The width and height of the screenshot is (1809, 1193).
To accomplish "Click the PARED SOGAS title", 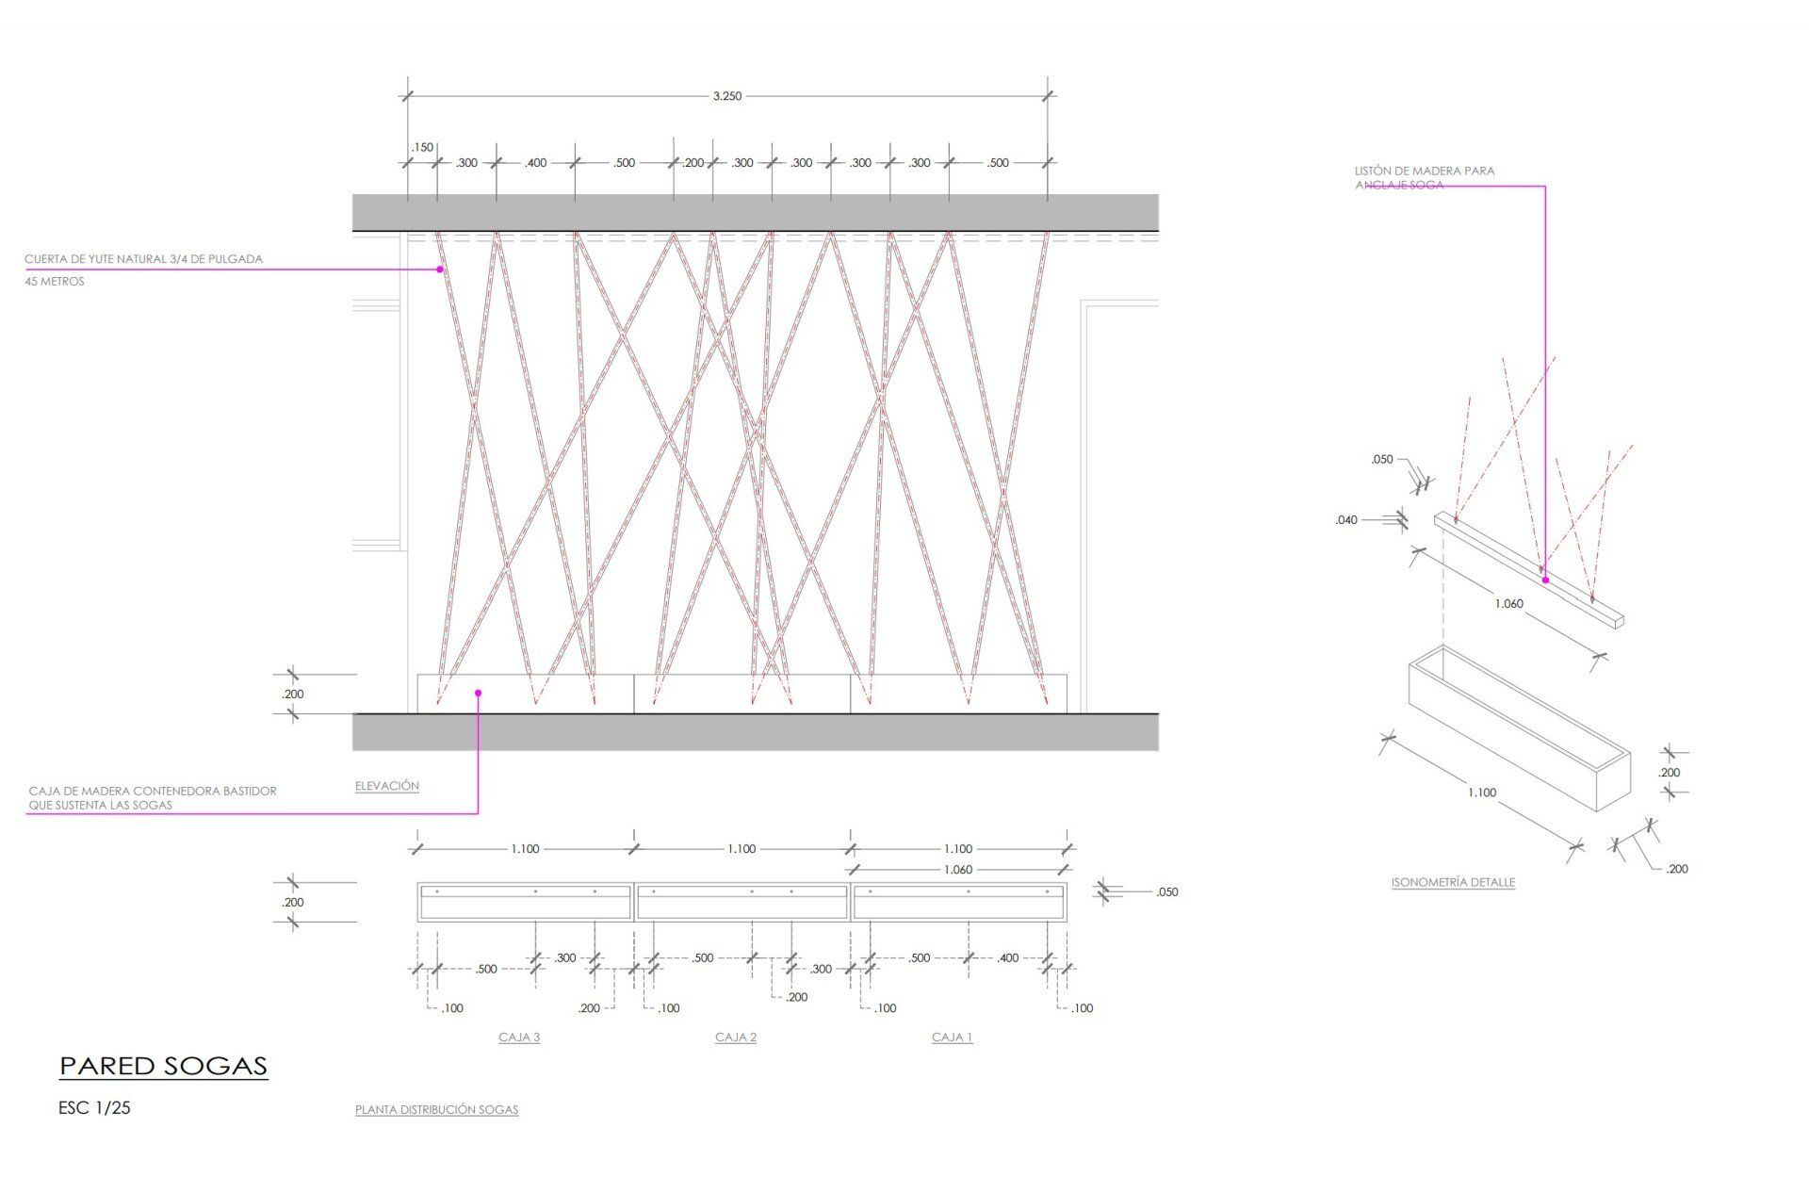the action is coord(164,1066).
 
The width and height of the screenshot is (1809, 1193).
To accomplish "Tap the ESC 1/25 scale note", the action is coord(94,1108).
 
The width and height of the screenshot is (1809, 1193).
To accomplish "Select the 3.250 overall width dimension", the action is coord(727,96).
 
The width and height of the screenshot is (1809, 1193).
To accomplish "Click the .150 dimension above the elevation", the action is coord(422,147).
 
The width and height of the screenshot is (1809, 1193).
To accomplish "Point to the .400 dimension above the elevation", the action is coord(535,163).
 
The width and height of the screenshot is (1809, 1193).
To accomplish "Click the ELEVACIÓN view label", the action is coord(387,786).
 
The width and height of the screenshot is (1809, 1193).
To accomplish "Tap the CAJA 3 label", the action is coord(519,1038).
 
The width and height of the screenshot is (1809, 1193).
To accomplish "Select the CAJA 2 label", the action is coord(736,1038).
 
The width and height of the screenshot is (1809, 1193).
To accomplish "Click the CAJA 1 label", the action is coord(953,1038).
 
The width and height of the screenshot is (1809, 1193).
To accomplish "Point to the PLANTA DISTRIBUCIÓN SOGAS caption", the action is coord(437,1110).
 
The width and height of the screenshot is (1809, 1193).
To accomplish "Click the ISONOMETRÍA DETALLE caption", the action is coord(1453,883).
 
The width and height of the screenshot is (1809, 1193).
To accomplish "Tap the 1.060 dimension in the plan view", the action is coord(958,870).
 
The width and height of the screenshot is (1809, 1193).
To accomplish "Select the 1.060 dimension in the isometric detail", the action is coord(1508,603).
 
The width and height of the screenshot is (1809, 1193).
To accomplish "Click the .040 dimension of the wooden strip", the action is coord(1346,520).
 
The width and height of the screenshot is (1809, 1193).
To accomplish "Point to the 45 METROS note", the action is coord(55,282).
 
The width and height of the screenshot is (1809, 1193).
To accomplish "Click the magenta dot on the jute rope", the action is coord(440,270).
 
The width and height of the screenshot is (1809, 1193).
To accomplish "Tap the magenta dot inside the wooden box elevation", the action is coord(478,694).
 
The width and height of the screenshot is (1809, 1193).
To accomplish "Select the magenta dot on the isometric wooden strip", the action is coord(1545,580).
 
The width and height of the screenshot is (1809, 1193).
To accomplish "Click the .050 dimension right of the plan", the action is coord(1166,892).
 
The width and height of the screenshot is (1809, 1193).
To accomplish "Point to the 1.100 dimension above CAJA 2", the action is coord(742,849).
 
